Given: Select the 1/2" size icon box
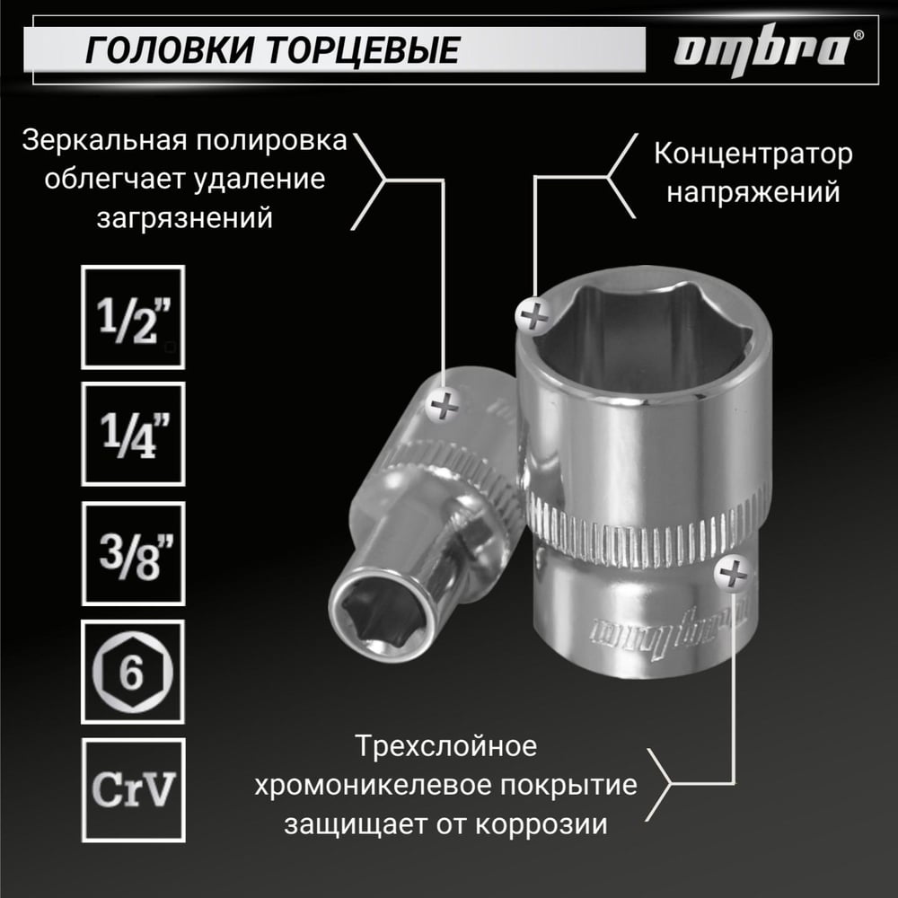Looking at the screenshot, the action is point(133,317).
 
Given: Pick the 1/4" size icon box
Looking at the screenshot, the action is point(133,434).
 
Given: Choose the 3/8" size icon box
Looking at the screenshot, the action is point(133,553).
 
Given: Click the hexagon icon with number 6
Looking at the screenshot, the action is point(133,672).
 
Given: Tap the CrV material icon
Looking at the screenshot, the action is point(133,790).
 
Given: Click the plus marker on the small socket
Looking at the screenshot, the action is point(444,406).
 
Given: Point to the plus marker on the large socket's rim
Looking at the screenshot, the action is point(533,315).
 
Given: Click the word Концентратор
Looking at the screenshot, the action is point(753,154).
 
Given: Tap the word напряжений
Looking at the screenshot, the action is point(753,193).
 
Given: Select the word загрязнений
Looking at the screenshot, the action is point(184,218).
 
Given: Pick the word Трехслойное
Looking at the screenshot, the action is point(445,746).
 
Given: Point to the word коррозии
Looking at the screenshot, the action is point(541,825).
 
